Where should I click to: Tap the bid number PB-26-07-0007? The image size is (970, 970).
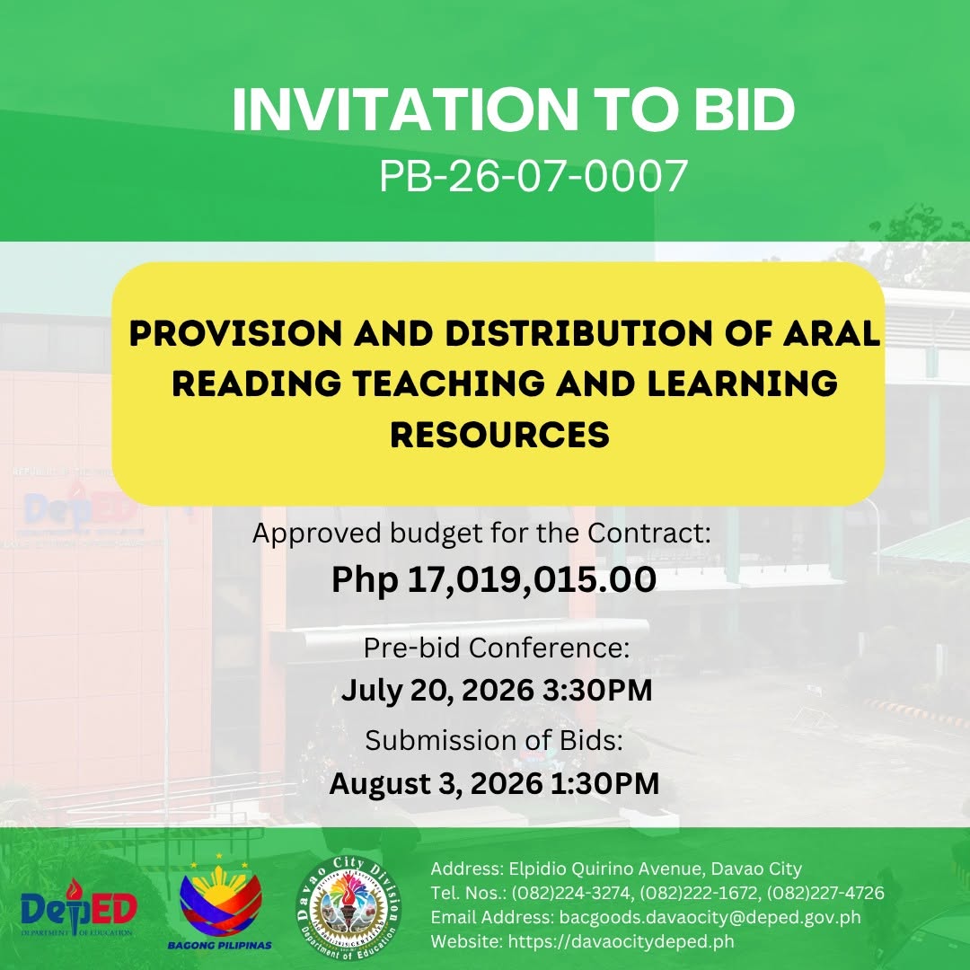pos(533,176)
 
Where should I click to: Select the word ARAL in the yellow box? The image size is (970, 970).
pos(832,333)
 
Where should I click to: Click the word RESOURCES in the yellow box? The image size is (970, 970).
pos(500,434)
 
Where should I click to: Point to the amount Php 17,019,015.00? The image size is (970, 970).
pos(494,579)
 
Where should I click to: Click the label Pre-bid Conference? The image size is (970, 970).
pos(496,648)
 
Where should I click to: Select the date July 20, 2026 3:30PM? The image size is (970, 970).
pos(497,691)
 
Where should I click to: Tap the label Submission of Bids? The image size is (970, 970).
pos(494,740)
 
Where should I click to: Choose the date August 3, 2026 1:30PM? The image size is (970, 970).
pos(494,784)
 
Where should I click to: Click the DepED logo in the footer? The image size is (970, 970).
pos(78,908)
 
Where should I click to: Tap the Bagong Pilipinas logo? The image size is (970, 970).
pos(220,904)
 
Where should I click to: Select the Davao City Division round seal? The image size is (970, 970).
pos(348,908)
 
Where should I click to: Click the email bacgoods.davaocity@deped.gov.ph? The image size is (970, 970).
pos(710,917)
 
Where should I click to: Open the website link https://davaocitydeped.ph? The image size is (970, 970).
pos(622,941)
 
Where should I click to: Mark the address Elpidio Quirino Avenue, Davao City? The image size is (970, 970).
pos(655,869)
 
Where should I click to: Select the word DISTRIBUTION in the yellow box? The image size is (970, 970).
pos(578,333)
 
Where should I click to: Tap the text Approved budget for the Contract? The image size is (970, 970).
pos(482,533)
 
